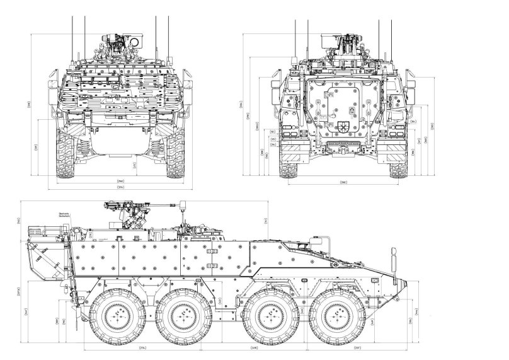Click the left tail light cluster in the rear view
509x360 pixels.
tap(291, 135)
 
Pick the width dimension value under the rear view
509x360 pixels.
tap(344, 182)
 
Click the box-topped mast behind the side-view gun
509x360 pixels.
tap(185, 208)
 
